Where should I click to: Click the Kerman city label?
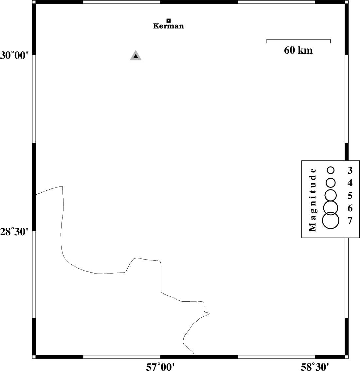coord(168,26)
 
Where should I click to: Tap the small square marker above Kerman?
coord(169,21)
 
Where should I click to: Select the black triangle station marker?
coord(135,56)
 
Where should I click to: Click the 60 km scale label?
coord(298,50)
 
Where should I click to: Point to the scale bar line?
coord(298,39)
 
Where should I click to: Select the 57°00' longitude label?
coord(160,367)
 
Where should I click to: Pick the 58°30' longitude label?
coord(315,367)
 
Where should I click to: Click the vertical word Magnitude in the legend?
coord(313,200)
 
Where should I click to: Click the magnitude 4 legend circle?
coord(331,183)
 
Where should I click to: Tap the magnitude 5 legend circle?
coord(331,195)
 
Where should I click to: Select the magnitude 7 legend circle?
coord(331,220)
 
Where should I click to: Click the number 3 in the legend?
coord(350,170)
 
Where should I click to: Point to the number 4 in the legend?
coord(350,183)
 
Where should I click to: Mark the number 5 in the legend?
coord(350,195)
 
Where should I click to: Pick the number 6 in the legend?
coord(350,208)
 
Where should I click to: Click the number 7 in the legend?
coord(350,221)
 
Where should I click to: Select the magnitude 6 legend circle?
coord(331,208)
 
